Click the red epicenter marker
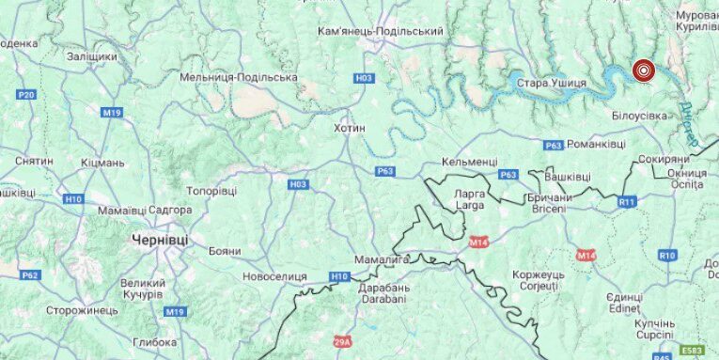coord(644,70)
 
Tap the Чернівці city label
coord(160,240)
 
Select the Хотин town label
coord(350,127)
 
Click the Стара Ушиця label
coord(551,84)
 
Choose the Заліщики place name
coord(92,56)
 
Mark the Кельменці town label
coord(469,162)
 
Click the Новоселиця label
coord(274,276)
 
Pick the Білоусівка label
coord(639,115)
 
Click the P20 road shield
coord(26,95)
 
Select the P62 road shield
coord(30,274)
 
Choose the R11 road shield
coord(627,201)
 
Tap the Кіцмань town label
coord(103,163)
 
